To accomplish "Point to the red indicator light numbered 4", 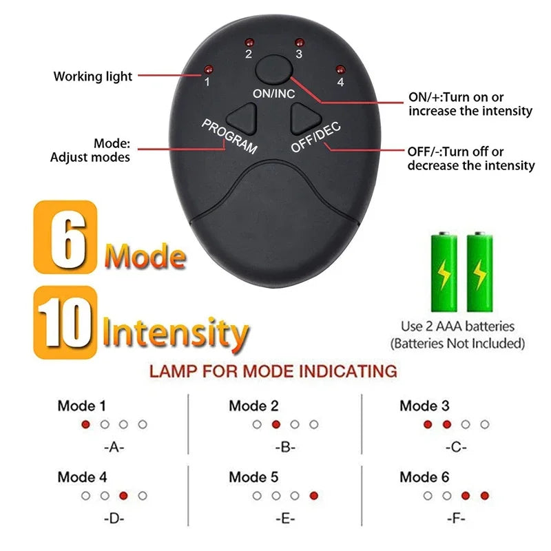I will coord(340,68).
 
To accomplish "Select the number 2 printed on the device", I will coord(249,54).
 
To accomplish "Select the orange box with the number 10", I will coord(64,319).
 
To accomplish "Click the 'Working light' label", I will coord(93,76).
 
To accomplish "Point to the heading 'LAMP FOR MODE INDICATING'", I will coord(273,372).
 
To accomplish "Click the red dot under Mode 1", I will coord(85,424).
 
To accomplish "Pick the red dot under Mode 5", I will coord(314,495).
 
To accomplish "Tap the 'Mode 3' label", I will coord(424,406).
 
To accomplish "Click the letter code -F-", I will coord(456,517).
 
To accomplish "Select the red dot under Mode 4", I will coord(123,495).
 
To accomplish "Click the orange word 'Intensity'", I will coord(175,333).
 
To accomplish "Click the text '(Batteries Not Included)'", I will coord(457,343).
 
